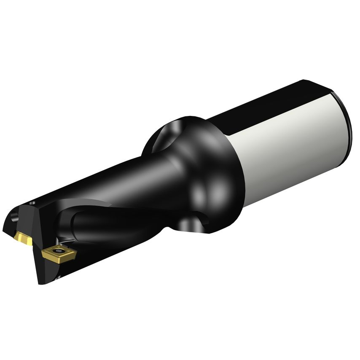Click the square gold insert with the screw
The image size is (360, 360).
pyautogui.click(x=59, y=253)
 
